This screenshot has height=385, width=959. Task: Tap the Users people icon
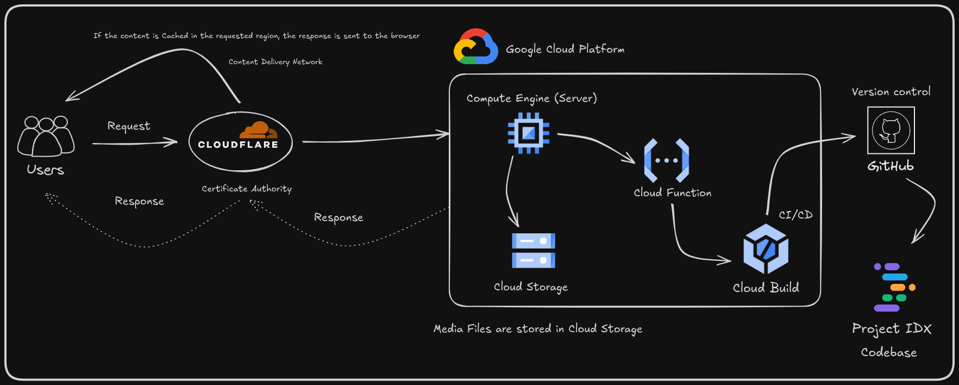[46, 136]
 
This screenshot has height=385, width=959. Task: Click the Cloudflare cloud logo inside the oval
[258, 131]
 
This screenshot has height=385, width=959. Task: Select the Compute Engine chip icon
[528, 133]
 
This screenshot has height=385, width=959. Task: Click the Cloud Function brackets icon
[666, 160]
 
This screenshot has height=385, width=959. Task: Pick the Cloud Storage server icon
[533, 251]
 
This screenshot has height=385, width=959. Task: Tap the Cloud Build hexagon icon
[766, 249]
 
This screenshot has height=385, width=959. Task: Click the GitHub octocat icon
[891, 131]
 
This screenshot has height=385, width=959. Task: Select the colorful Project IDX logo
[894, 288]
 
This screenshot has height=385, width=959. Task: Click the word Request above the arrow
[129, 126]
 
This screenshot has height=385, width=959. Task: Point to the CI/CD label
[795, 215]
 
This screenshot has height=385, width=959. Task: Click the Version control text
[891, 92]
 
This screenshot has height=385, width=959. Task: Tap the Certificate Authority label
[247, 189]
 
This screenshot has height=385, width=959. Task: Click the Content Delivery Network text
[275, 62]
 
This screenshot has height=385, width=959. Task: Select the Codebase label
[888, 352]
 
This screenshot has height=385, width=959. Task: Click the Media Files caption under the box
[537, 329]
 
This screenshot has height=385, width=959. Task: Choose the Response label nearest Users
[139, 201]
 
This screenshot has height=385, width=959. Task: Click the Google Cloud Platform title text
[565, 49]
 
